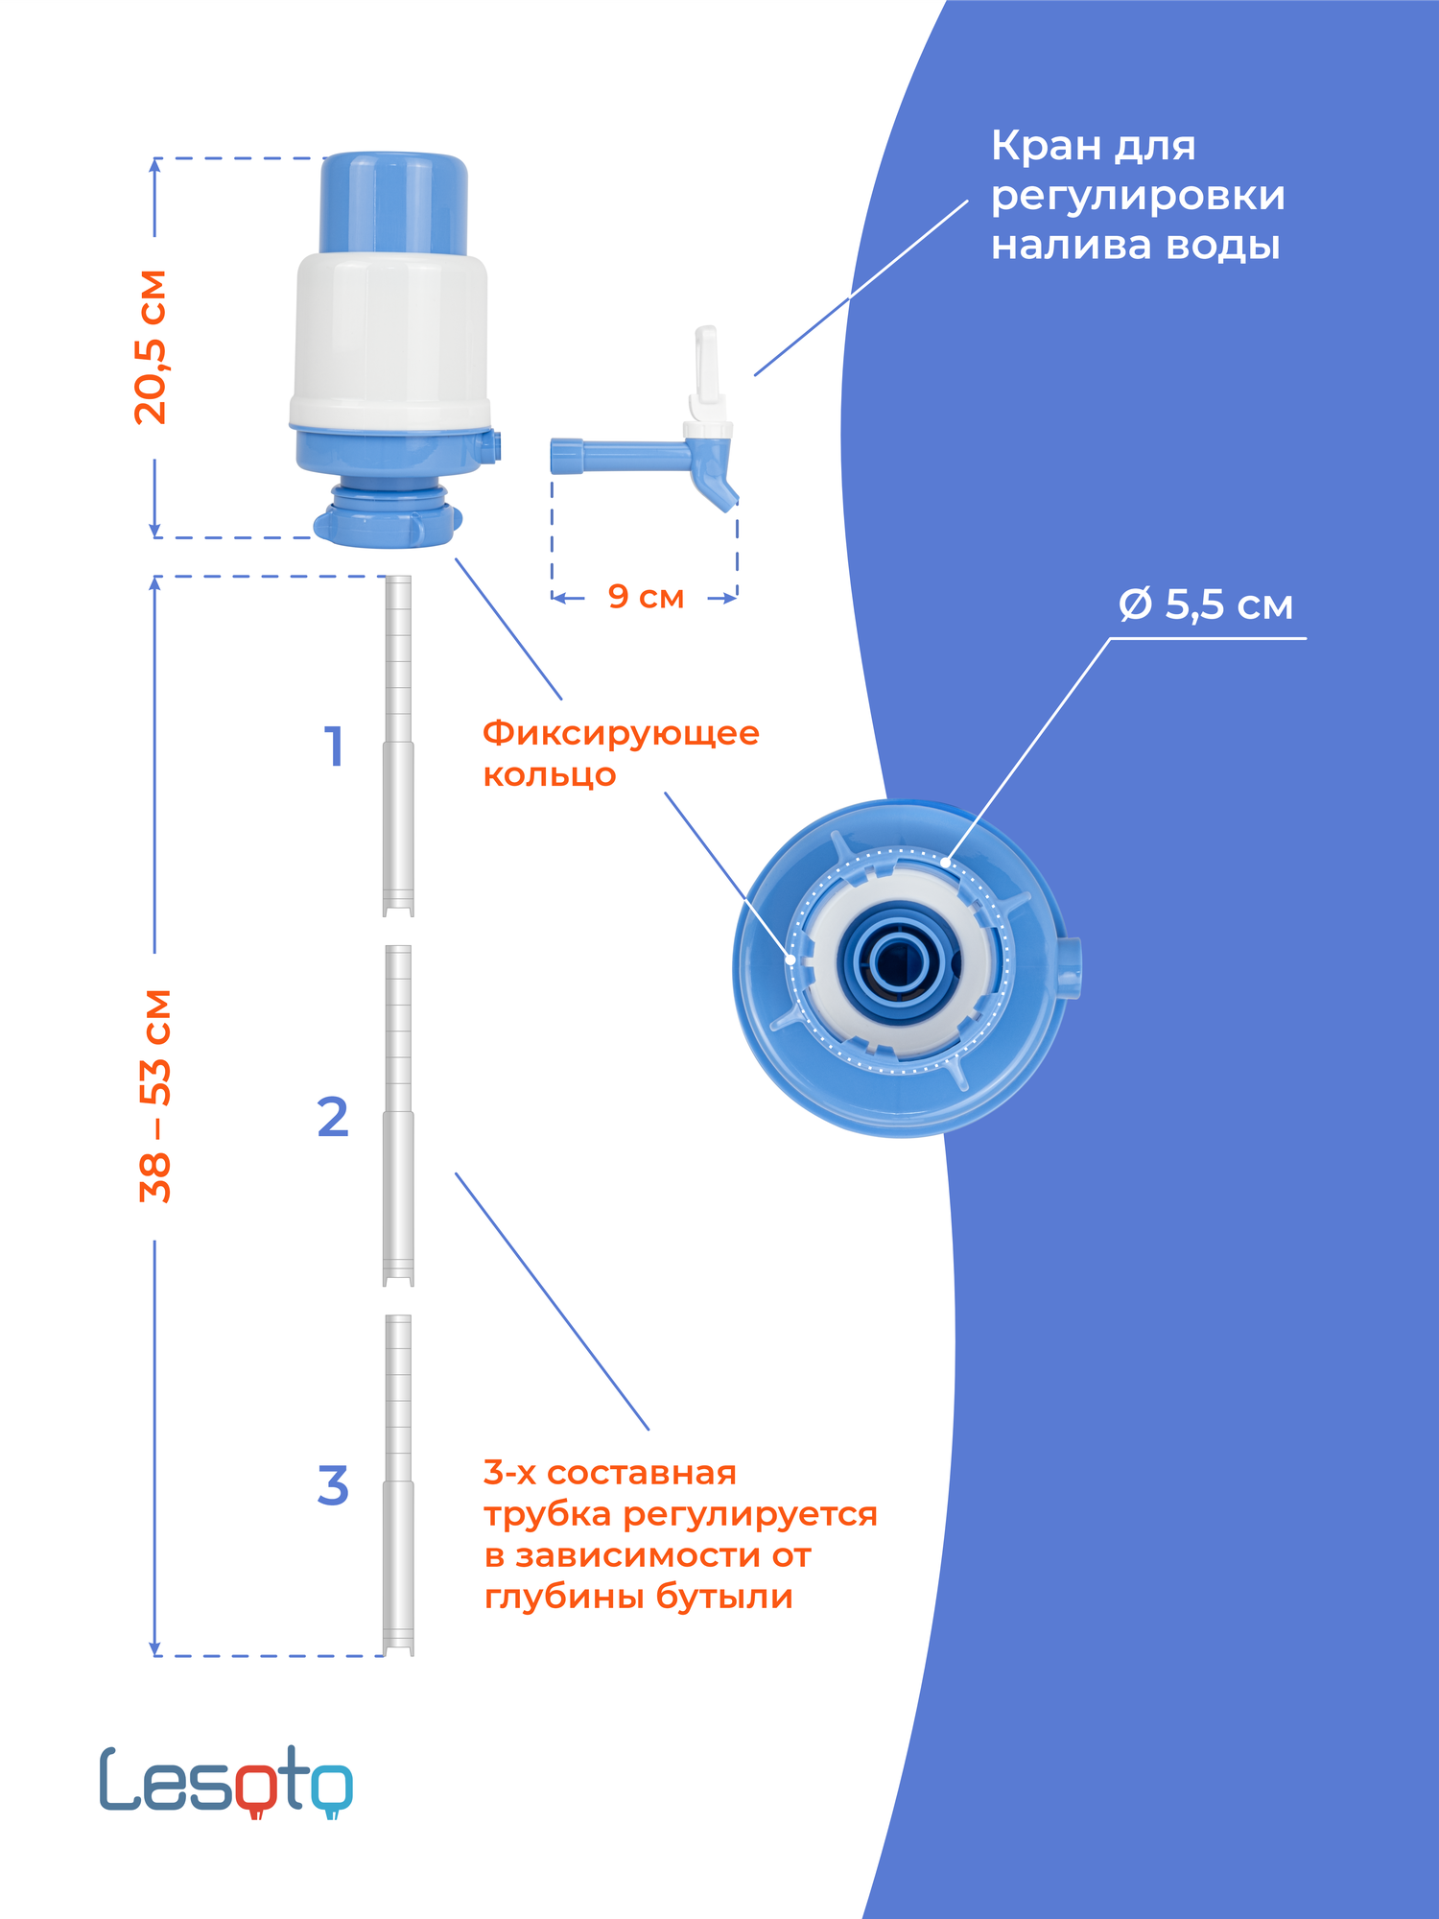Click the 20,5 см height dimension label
[x=151, y=346]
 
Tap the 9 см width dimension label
[x=646, y=597]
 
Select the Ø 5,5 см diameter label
[x=1206, y=605]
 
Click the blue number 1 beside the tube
[x=334, y=746]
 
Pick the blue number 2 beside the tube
[x=333, y=1118]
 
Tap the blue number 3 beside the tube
[x=333, y=1486]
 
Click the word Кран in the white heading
[x=1046, y=147]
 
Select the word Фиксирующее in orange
[x=621, y=733]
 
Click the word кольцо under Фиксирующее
[x=549, y=775]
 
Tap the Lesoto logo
[x=226, y=1782]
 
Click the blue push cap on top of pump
[x=393, y=201]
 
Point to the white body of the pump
[x=389, y=336]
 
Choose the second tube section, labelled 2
[x=398, y=1115]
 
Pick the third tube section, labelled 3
[x=398, y=1484]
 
